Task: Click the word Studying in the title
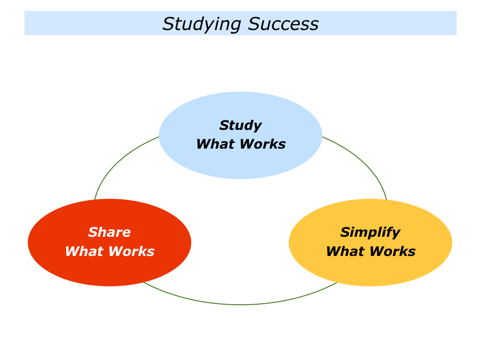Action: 202,24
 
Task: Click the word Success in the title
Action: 283,23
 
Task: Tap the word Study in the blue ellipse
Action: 240,126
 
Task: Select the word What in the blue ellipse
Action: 214,144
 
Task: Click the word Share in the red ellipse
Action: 110,232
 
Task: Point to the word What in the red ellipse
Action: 82,251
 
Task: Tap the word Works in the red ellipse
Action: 132,251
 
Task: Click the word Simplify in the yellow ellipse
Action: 370,233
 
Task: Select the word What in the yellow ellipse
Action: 344,251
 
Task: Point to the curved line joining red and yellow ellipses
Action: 240,305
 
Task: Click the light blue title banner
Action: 240,23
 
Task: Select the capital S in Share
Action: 93,232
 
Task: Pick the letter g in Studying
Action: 235,26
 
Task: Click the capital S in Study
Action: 225,125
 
